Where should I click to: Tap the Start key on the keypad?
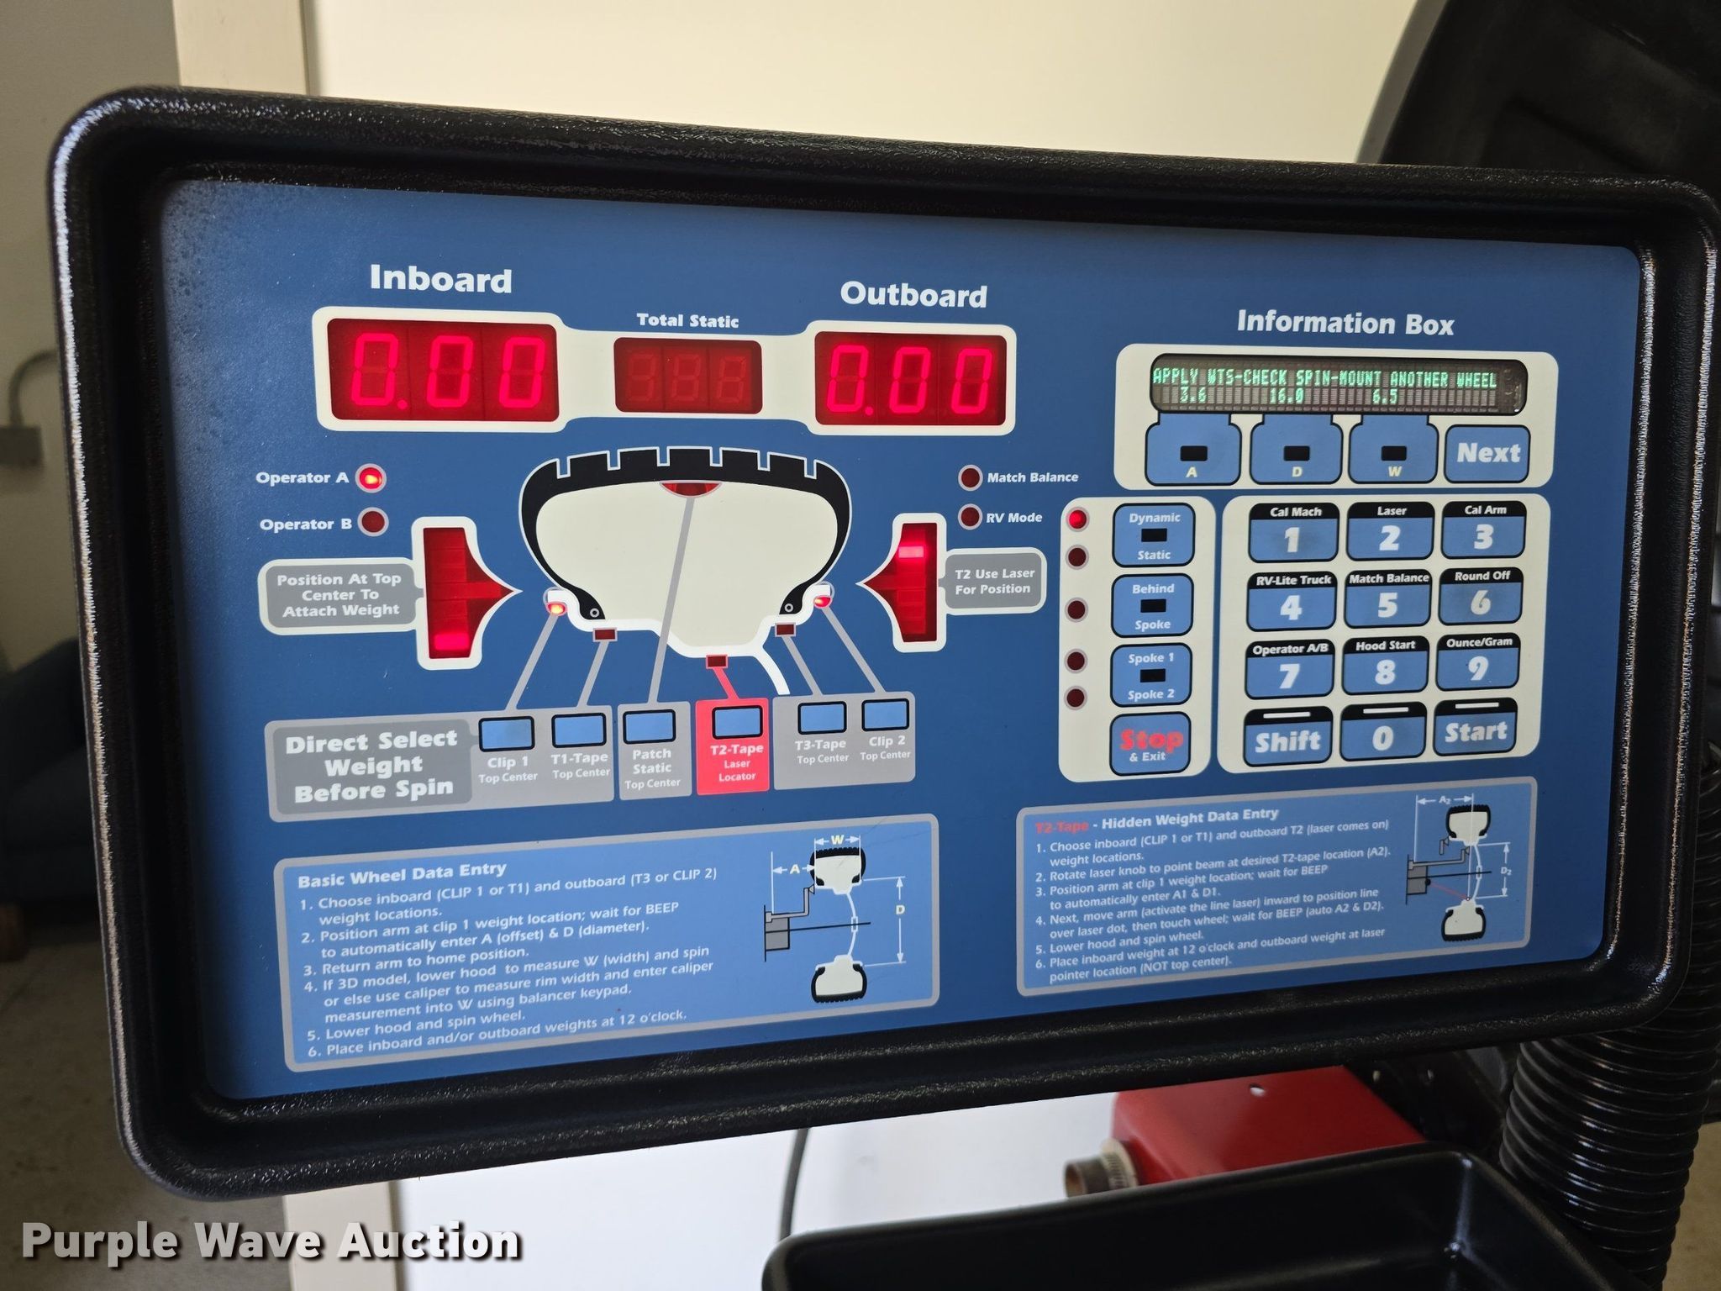coord(1476,732)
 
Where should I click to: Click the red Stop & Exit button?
coord(1150,743)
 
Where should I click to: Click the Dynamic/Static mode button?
coord(1154,535)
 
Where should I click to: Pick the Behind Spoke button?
coord(1152,606)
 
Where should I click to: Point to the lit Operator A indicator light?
coord(370,478)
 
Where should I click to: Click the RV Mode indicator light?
coord(971,516)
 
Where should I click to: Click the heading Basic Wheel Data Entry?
coord(402,874)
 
